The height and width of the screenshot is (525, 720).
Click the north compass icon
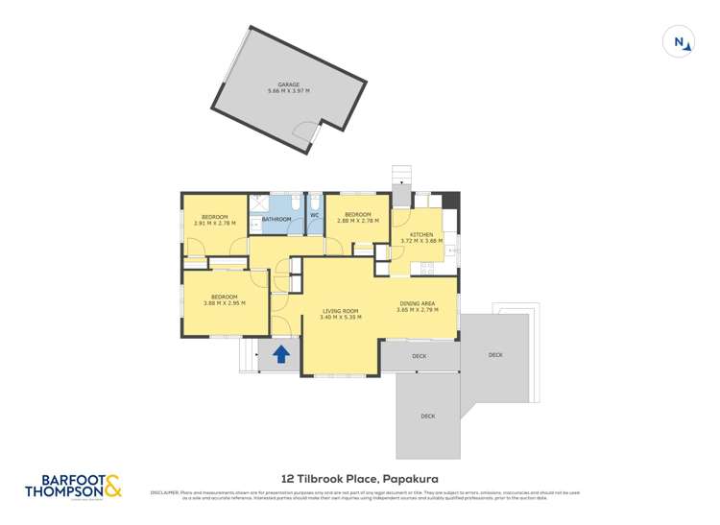(x=679, y=41)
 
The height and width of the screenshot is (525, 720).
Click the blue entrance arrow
(x=281, y=354)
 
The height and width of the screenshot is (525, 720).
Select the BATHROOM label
(x=276, y=219)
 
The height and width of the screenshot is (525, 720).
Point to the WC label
(x=314, y=215)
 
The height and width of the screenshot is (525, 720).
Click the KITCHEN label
(x=421, y=234)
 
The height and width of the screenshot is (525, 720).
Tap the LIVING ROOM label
(x=341, y=310)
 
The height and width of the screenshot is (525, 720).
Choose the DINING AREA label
(x=418, y=303)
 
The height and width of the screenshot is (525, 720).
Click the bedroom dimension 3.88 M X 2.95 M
(x=225, y=303)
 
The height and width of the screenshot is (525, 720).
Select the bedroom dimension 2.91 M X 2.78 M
(x=214, y=224)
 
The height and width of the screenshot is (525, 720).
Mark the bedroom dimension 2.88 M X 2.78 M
(x=357, y=221)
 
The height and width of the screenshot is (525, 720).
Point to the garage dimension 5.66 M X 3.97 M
(x=289, y=92)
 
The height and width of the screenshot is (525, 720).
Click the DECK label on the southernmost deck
(x=427, y=416)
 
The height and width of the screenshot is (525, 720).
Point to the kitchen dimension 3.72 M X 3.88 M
(x=422, y=241)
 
